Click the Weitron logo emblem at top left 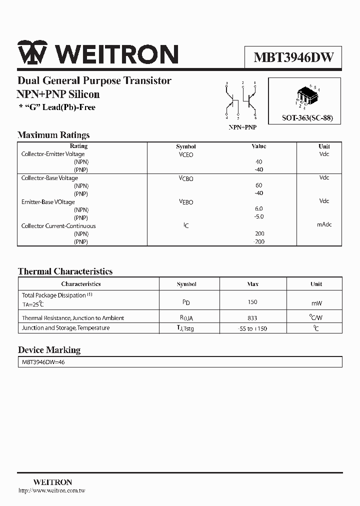[x=32, y=53]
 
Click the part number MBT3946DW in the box [x=293, y=57]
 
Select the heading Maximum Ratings [x=53, y=135]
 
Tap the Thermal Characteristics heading [x=65, y=271]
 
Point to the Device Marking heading [x=49, y=350]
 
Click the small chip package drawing [x=306, y=97]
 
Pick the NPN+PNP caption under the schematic [x=242, y=127]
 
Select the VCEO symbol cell [x=186, y=155]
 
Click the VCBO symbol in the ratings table [x=186, y=178]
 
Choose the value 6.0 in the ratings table [x=258, y=208]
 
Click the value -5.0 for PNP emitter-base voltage [x=258, y=216]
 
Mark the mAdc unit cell [x=324, y=225]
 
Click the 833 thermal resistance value [x=252, y=318]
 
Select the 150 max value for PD [x=252, y=302]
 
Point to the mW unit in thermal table [x=316, y=303]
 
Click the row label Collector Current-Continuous [x=58, y=226]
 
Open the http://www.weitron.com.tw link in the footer [x=51, y=491]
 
